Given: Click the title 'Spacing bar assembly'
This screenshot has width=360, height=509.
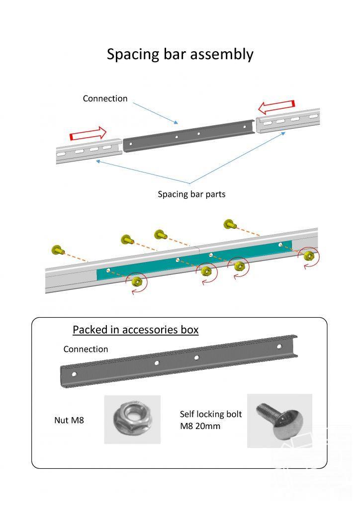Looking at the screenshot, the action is [180, 55].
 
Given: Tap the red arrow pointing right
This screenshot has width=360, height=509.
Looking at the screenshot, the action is [88, 133].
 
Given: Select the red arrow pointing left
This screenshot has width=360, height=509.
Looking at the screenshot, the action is [276, 107].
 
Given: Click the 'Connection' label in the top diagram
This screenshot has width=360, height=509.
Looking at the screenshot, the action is [105, 98].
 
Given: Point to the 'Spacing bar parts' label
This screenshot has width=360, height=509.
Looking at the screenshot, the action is [191, 194].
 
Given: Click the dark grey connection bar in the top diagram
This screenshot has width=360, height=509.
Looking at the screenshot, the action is [188, 136].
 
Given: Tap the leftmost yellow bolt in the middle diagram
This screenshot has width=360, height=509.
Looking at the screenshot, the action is [58, 250].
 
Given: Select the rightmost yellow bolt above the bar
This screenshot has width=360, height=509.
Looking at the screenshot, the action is [230, 224].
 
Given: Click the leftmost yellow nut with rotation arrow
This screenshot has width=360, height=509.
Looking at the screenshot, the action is [137, 281].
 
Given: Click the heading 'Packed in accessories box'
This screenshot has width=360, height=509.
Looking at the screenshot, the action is [135, 330].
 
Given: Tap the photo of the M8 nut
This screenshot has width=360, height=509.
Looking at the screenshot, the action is [132, 420].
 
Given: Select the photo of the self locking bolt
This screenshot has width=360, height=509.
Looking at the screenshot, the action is [279, 421].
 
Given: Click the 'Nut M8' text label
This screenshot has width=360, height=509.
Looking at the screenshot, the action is [69, 421].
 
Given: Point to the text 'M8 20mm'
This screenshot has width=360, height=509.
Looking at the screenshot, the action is [200, 426].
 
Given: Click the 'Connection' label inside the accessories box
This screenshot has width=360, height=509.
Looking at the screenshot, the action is [86, 349].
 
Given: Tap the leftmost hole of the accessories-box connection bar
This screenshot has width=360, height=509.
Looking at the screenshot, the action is [74, 374].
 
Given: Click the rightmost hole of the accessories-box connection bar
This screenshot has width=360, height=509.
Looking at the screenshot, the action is [279, 346].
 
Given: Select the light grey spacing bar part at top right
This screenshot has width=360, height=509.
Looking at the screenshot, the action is [288, 121].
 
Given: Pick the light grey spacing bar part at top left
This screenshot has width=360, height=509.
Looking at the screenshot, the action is [89, 151].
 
